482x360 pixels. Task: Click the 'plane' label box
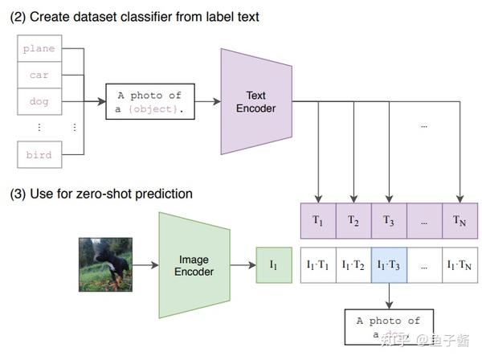tap(39, 49)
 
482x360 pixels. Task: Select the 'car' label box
tap(39, 76)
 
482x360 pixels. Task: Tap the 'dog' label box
tap(39, 102)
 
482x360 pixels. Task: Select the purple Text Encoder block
tap(255, 102)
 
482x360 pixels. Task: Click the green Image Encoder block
tap(194, 264)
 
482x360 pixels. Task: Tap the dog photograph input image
tap(105, 264)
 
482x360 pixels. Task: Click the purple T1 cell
tap(318, 219)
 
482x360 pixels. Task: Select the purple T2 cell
tap(353, 219)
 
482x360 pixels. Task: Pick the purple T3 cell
tap(389, 219)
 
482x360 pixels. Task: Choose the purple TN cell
tap(460, 219)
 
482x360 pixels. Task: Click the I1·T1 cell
tap(318, 264)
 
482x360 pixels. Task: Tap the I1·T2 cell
tap(353, 264)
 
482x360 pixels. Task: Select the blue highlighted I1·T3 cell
tap(389, 264)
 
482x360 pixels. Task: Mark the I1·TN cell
tap(460, 264)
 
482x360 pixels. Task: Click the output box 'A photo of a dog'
tap(389, 327)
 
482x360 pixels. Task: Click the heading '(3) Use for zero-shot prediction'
tap(100, 194)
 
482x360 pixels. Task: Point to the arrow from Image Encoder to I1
tap(243, 264)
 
